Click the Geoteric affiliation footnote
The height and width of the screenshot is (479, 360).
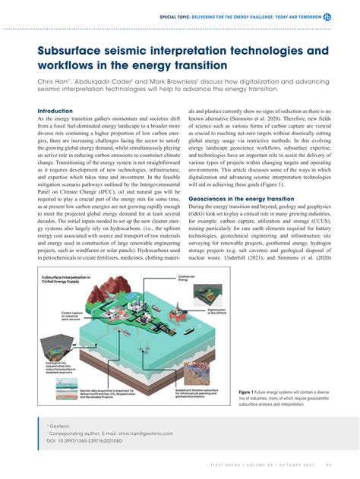click(x=60, y=427)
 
